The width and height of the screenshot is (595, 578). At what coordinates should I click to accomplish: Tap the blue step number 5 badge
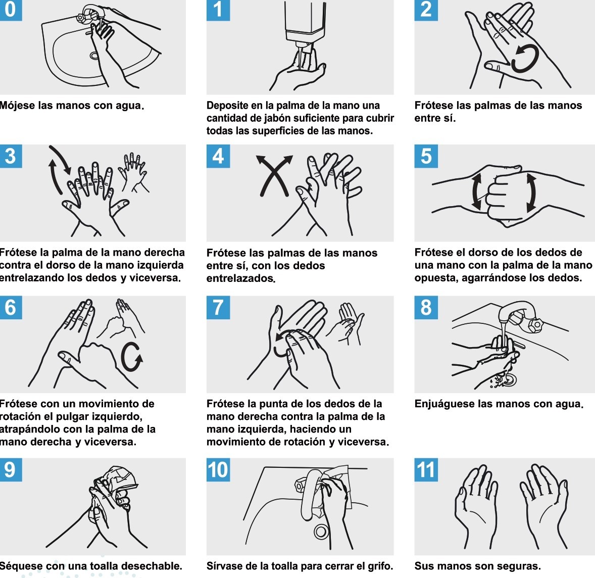click(x=426, y=156)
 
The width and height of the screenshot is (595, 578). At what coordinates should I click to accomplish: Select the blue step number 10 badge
click(x=218, y=469)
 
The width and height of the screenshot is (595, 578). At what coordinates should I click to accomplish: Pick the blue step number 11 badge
click(x=426, y=469)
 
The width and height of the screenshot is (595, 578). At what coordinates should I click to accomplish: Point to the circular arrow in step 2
click(x=524, y=59)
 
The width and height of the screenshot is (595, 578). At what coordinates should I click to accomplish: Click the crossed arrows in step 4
click(x=274, y=175)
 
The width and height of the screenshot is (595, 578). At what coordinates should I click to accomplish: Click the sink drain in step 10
click(x=320, y=531)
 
